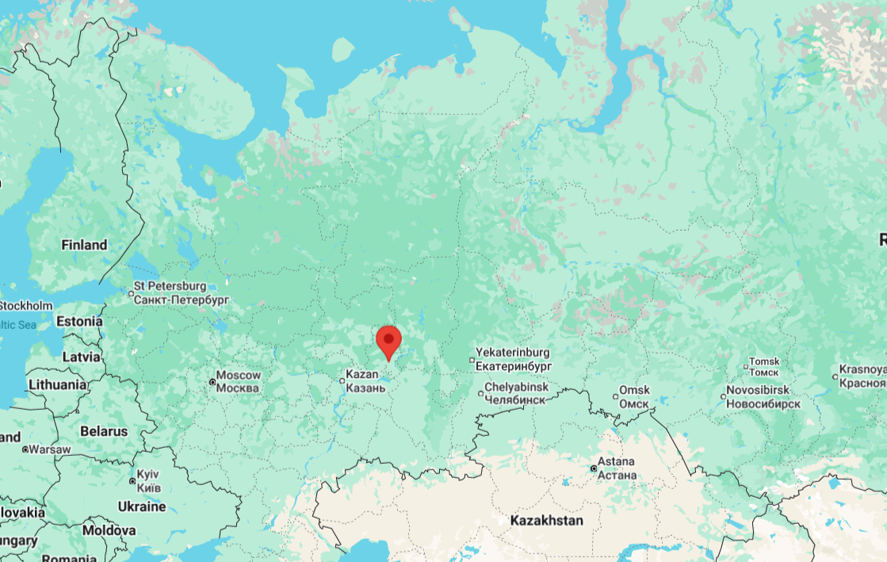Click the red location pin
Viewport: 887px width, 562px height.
tap(388, 342)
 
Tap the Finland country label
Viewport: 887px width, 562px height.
tap(84, 245)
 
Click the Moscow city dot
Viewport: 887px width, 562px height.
tap(212, 382)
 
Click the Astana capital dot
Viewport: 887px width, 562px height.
tap(594, 468)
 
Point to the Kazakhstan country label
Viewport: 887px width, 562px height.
tap(547, 521)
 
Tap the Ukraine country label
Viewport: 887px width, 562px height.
tap(142, 507)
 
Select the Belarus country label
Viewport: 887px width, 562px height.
tap(104, 432)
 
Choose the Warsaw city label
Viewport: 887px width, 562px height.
tap(51, 449)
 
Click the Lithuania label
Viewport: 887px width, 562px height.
tap(57, 384)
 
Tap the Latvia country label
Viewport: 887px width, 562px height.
tap(81, 357)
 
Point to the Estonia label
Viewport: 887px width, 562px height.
tap(79, 322)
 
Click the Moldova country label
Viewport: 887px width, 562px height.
tap(109, 530)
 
